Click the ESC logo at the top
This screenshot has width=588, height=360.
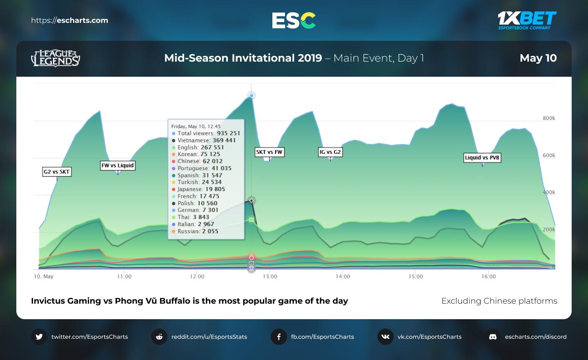(294, 20)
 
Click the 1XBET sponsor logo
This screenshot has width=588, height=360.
(527, 20)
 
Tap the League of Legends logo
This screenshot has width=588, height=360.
(56, 58)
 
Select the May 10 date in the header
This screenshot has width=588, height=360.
(538, 58)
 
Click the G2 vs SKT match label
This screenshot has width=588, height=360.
(57, 172)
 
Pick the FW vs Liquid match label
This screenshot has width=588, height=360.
(118, 165)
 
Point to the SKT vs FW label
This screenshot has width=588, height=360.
(269, 152)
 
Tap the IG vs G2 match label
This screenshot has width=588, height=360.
(330, 152)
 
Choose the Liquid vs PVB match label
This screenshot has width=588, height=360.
(482, 158)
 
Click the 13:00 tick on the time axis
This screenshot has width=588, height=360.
(270, 276)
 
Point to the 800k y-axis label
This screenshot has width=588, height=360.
(549, 118)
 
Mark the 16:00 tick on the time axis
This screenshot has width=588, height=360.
(488, 276)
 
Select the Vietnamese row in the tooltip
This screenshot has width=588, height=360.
(206, 140)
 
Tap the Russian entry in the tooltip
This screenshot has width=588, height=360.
(198, 231)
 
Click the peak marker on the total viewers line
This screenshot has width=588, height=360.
(252, 96)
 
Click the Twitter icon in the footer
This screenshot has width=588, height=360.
(39, 337)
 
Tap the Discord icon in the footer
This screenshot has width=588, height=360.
(493, 337)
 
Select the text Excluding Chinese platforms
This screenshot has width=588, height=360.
(499, 301)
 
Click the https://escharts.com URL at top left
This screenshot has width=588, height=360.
(69, 20)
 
